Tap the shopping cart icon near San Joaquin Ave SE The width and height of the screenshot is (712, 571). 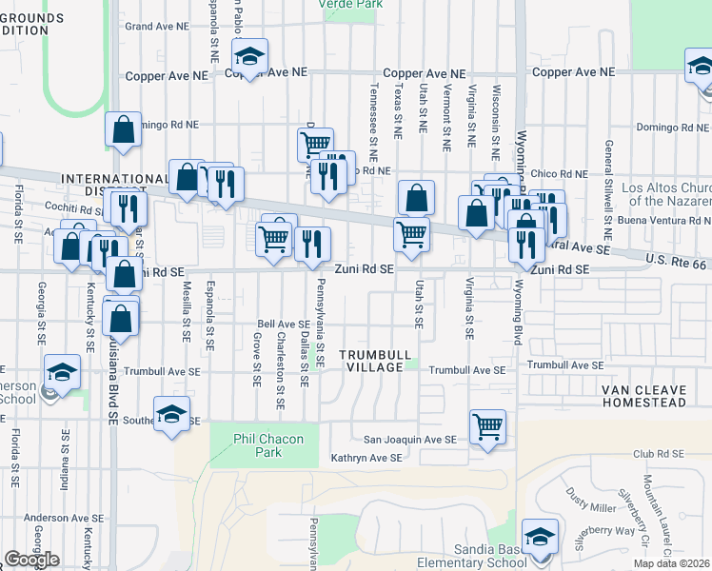(x=487, y=425)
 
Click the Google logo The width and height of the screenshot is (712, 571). (x=31, y=560)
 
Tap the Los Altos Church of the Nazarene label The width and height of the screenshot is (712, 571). (x=666, y=195)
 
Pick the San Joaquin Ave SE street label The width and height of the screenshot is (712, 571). (x=411, y=440)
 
